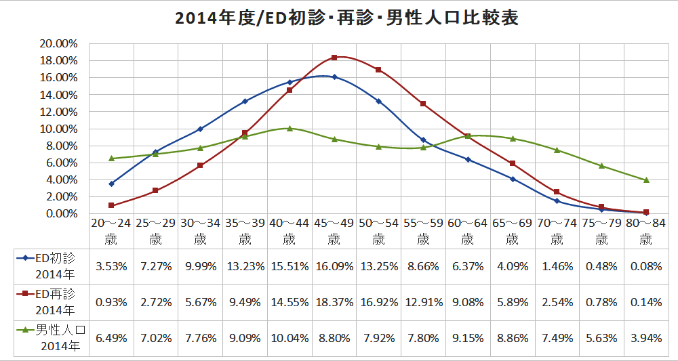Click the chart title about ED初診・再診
click(346, 18)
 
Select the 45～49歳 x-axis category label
click(334, 231)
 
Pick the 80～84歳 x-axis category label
click(645, 231)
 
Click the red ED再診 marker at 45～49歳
click(334, 58)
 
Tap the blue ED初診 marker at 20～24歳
click(111, 184)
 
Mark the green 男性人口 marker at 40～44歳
click(290, 128)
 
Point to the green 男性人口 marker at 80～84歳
click(646, 180)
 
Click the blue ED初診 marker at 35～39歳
click(245, 102)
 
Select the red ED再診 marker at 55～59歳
click(423, 104)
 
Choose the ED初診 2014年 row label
click(52, 266)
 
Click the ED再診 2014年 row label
click(52, 301)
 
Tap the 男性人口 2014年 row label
click(52, 338)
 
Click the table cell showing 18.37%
click(334, 302)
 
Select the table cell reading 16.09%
click(334, 266)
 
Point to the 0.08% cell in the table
click(645, 266)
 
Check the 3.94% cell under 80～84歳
click(645, 338)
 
